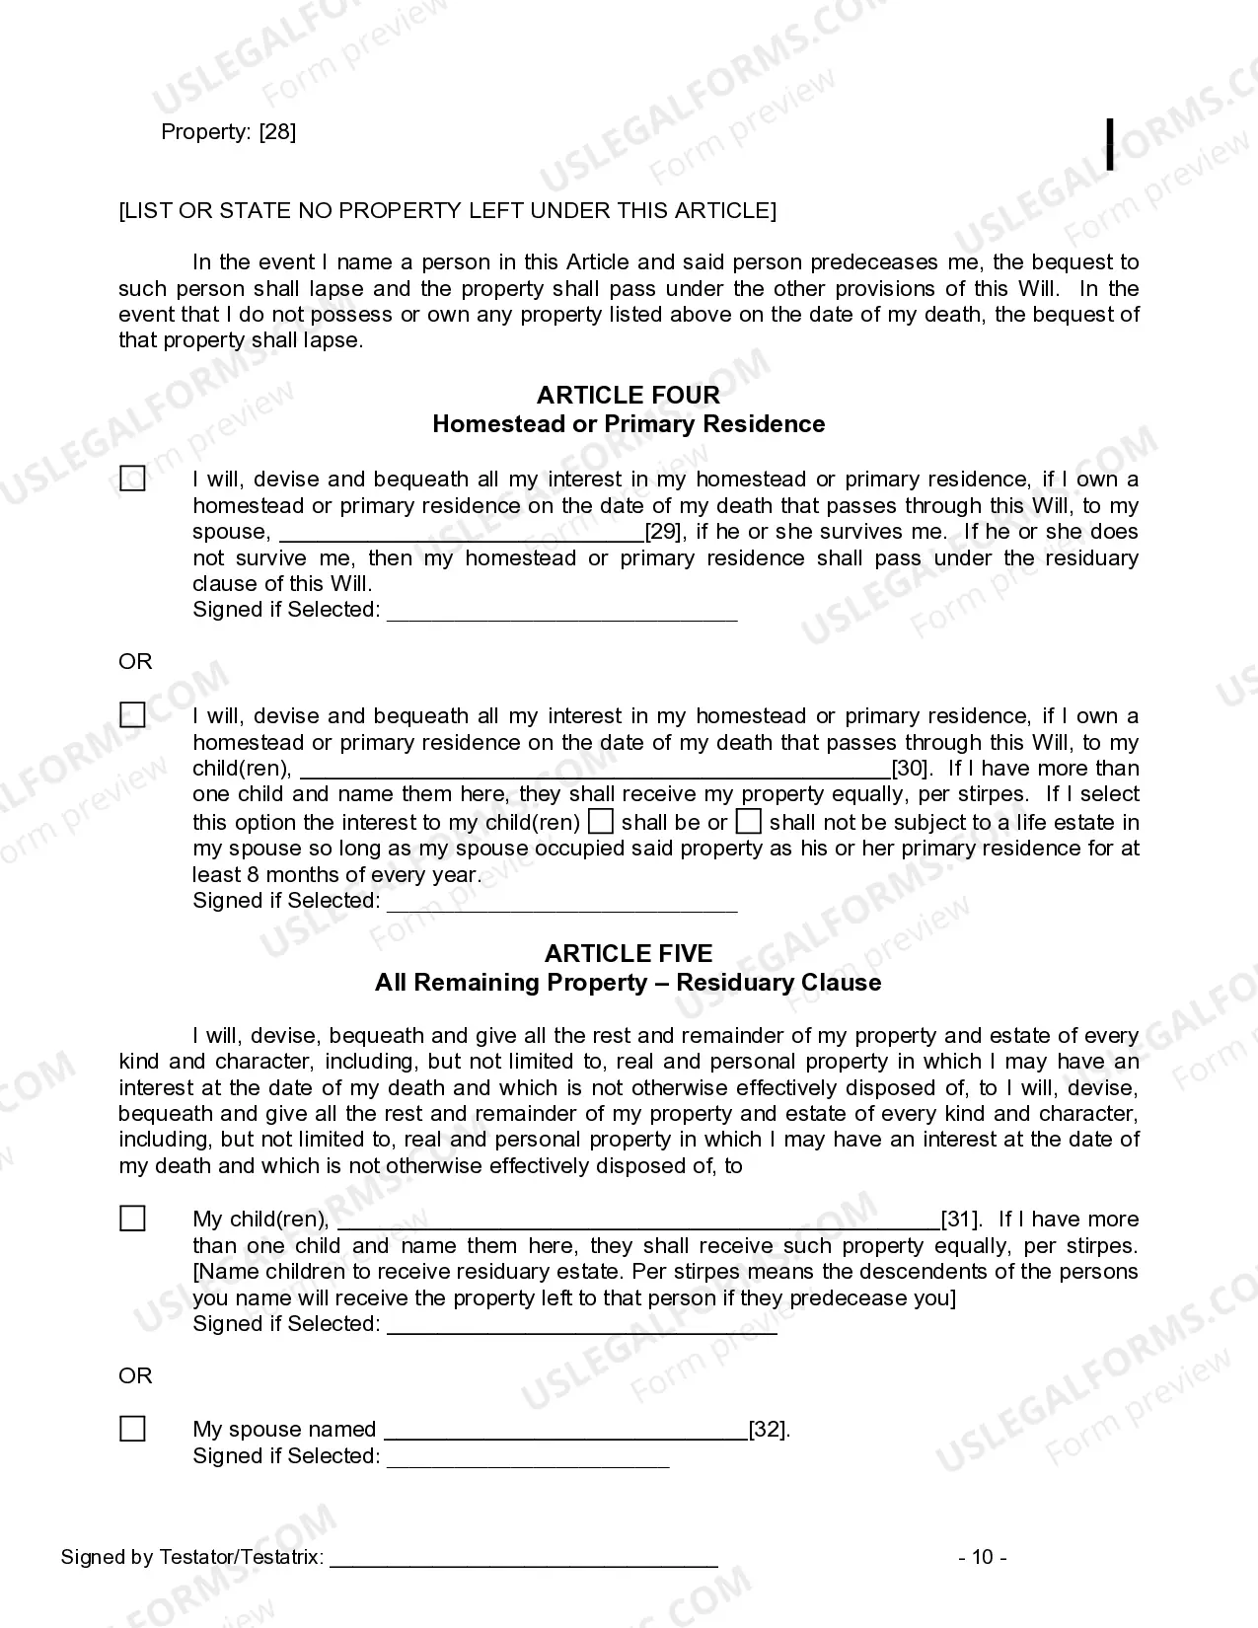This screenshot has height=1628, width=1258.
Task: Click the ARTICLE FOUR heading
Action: point(628,395)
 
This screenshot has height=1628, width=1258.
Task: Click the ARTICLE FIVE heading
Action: point(628,953)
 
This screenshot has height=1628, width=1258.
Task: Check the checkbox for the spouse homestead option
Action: point(132,480)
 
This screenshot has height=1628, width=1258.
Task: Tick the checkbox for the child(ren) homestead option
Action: point(132,715)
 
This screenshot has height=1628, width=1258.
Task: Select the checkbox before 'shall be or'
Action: point(600,822)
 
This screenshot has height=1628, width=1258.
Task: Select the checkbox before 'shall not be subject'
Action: point(749,822)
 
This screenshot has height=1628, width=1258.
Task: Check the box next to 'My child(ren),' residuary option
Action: point(132,1220)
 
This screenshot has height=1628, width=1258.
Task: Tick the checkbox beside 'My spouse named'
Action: point(132,1429)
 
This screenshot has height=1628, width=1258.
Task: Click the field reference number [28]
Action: point(277,132)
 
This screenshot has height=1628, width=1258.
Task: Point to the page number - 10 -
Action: point(982,1557)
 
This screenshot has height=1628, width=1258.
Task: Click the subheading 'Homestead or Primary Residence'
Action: point(628,424)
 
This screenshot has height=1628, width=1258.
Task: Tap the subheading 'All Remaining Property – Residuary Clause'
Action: point(628,983)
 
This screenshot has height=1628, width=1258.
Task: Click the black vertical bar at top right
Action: point(1111,144)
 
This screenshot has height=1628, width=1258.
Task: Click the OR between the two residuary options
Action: point(135,1375)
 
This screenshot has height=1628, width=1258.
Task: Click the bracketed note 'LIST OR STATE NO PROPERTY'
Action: point(447,210)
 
